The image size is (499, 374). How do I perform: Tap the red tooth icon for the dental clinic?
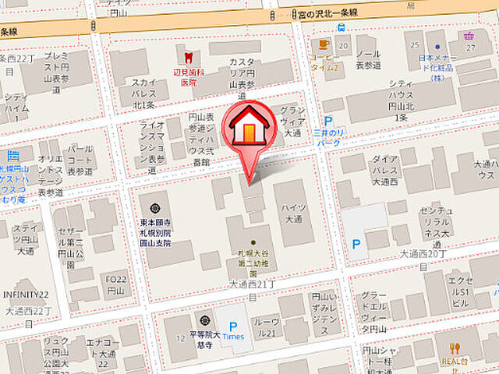187,56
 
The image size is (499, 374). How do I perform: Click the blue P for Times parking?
232,324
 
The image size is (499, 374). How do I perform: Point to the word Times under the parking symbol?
233,337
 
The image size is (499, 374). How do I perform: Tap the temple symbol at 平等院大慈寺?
204,320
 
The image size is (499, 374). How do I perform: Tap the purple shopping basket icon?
468,36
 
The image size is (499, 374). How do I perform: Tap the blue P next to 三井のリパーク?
328,122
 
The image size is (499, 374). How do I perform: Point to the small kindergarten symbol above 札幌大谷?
253,243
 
